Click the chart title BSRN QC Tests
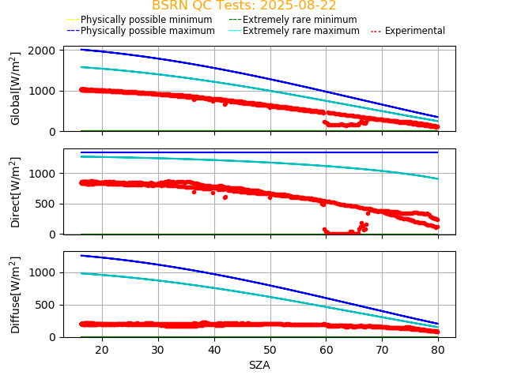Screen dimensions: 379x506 244,6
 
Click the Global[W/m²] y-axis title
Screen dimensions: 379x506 16,88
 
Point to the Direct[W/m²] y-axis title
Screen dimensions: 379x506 16,192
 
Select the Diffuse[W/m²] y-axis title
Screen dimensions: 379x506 16,295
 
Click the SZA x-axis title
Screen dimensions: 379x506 259,365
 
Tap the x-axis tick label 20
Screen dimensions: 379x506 102,350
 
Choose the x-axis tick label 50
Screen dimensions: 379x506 270,350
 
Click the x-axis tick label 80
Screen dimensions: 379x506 438,350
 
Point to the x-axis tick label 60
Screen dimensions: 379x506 326,350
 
